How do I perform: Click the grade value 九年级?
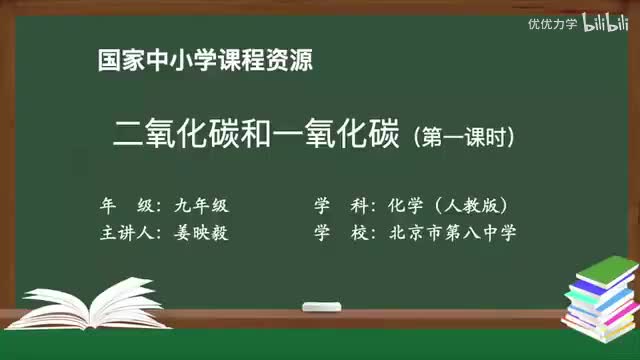point(201,206)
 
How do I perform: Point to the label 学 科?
point(338,206)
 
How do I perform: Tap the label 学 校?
point(338,234)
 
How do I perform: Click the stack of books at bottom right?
point(600,294)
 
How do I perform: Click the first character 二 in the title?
point(133,133)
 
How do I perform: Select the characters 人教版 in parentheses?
point(476,206)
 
